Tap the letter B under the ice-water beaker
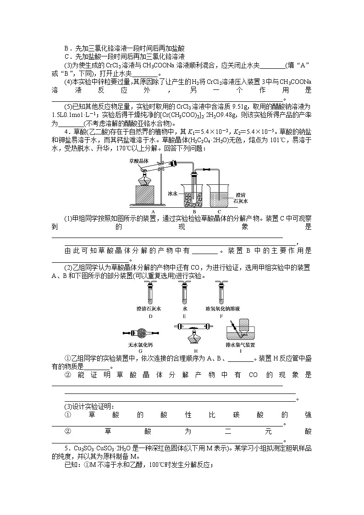click(x=193, y=211)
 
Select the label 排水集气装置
click(x=240, y=344)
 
